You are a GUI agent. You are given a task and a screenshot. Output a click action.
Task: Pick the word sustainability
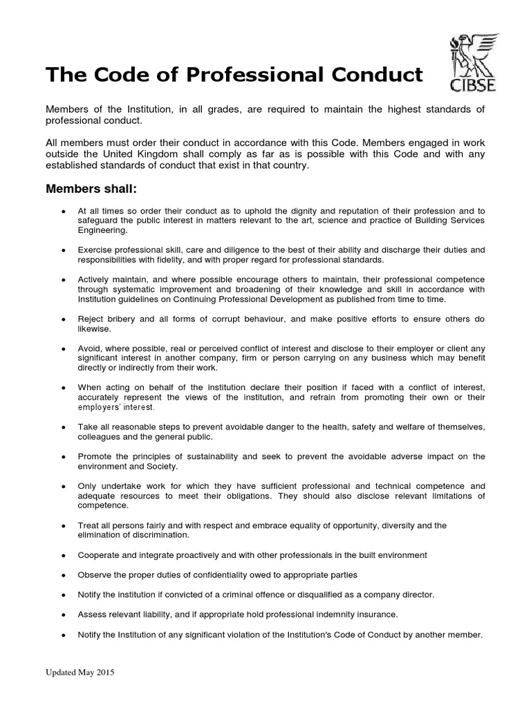click(207, 457)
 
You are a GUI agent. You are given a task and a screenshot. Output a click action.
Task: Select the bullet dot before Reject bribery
click(63, 320)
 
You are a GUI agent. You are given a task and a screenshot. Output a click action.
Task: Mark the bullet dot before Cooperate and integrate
click(63, 556)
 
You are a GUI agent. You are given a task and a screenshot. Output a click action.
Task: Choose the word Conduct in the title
click(374, 75)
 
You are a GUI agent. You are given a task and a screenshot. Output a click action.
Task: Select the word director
click(414, 595)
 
